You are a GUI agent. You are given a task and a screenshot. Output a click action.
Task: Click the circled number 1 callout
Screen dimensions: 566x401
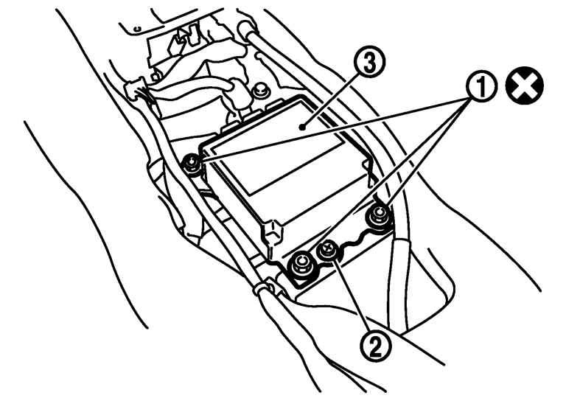click(481, 86)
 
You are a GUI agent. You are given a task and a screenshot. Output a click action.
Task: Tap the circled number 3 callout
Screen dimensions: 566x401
click(369, 63)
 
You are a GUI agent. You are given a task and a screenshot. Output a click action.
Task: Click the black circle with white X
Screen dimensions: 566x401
click(525, 86)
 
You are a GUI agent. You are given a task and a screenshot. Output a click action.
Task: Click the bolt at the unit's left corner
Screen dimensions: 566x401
click(192, 162)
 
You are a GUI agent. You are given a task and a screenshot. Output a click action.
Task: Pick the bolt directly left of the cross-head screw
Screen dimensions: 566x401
click(301, 265)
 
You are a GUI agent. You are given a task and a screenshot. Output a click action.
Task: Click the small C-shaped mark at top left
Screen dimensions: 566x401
click(136, 29)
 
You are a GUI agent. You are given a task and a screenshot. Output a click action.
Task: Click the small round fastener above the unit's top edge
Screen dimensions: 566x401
click(259, 90)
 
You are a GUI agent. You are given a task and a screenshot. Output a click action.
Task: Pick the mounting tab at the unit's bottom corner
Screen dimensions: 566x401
click(272, 232)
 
